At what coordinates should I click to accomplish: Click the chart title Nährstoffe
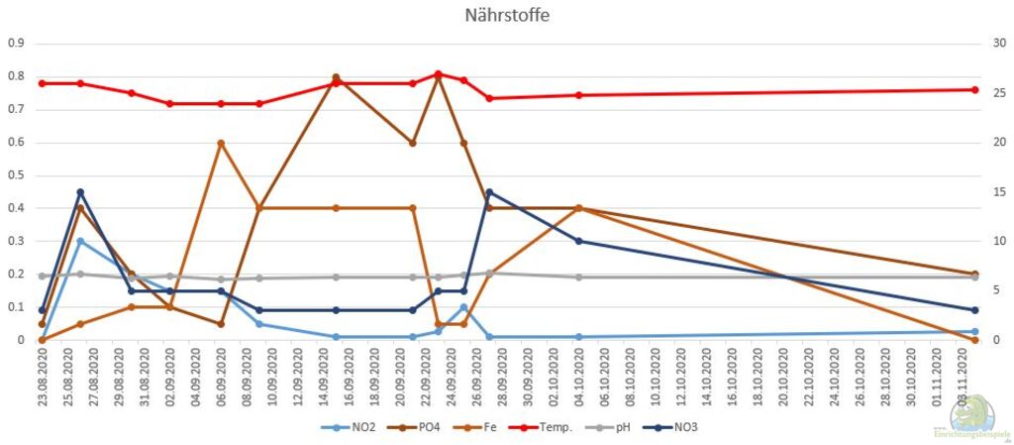click(x=507, y=15)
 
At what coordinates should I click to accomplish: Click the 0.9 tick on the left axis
click(x=15, y=44)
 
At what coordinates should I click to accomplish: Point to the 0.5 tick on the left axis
click(x=15, y=175)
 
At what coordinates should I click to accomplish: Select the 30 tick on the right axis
click(x=997, y=44)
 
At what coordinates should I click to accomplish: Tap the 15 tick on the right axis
click(x=997, y=192)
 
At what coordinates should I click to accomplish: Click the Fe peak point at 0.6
click(x=221, y=143)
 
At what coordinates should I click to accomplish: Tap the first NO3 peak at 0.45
click(x=80, y=192)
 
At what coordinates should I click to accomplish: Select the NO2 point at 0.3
click(x=80, y=241)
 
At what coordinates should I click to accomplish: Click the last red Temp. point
click(x=974, y=89)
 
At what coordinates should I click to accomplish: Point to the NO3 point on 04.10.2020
click(x=578, y=241)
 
